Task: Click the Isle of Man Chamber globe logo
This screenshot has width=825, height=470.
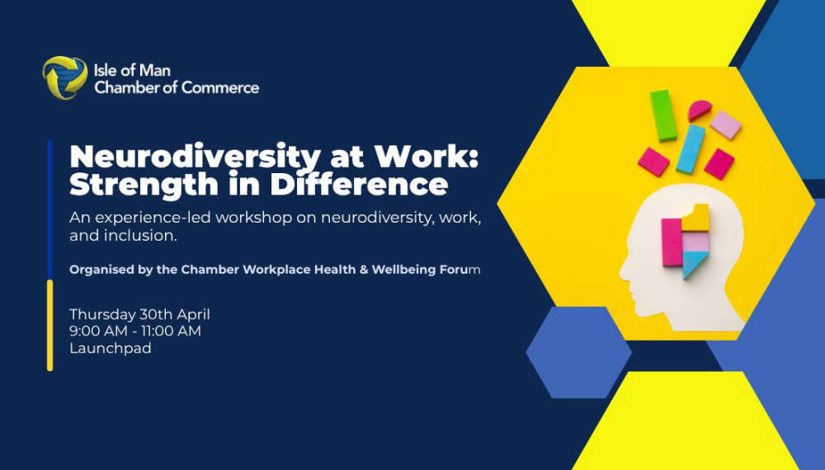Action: pyautogui.click(x=65, y=78)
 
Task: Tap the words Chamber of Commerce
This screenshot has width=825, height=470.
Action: pyautogui.click(x=177, y=87)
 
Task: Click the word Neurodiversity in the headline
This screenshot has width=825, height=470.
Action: pyautogui.click(x=195, y=157)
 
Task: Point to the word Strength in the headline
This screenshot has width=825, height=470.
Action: pyautogui.click(x=144, y=186)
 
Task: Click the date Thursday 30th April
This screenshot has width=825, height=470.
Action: pyautogui.click(x=139, y=314)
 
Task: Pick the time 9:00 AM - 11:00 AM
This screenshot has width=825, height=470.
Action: pyautogui.click(x=135, y=331)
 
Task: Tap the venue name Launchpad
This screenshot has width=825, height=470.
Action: pyautogui.click(x=111, y=348)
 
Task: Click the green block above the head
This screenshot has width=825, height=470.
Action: pyautogui.click(x=663, y=115)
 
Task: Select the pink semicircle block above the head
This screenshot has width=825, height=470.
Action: pyautogui.click(x=700, y=110)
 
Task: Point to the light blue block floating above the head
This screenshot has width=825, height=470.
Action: pyautogui.click(x=691, y=149)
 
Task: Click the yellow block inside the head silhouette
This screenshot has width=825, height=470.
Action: pyautogui.click(x=696, y=219)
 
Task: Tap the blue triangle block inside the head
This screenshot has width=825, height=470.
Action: pyautogui.click(x=694, y=264)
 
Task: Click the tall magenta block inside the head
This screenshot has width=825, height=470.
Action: pyautogui.click(x=672, y=242)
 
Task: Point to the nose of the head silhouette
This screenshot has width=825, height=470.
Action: pyautogui.click(x=622, y=271)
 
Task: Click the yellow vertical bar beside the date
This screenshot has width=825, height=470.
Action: pyautogui.click(x=50, y=326)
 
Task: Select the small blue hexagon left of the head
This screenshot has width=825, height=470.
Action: pyautogui.click(x=579, y=352)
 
